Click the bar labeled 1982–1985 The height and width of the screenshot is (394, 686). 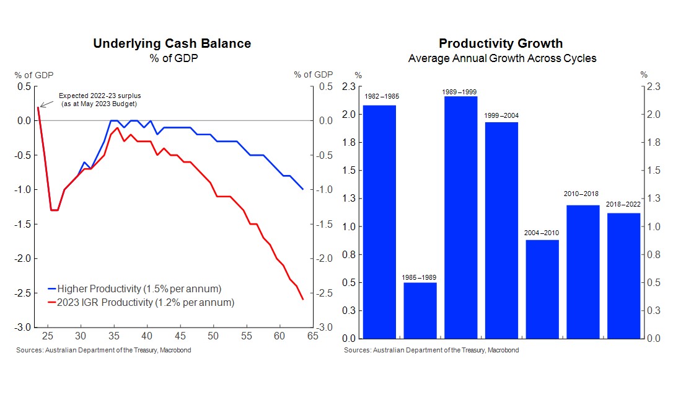(x=379, y=222)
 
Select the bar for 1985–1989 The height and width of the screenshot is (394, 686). (x=420, y=310)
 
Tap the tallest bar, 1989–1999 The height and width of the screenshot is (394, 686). (x=460, y=217)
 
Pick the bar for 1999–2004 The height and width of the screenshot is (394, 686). (x=501, y=230)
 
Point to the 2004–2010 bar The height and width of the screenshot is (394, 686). (x=542, y=289)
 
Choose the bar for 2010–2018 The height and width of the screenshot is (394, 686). (x=583, y=272)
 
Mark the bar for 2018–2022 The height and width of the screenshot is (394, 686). (x=623, y=275)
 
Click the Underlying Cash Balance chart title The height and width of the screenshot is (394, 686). (x=172, y=43)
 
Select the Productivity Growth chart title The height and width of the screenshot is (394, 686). (x=501, y=43)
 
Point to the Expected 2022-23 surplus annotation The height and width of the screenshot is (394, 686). (x=99, y=99)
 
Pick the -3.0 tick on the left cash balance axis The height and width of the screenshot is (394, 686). (x=24, y=327)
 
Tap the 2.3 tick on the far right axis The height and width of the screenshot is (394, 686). (x=654, y=87)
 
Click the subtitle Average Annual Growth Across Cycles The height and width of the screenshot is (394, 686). (x=502, y=58)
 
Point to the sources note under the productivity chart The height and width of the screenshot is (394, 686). (x=431, y=350)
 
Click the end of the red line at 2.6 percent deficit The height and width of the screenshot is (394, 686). (x=303, y=300)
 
